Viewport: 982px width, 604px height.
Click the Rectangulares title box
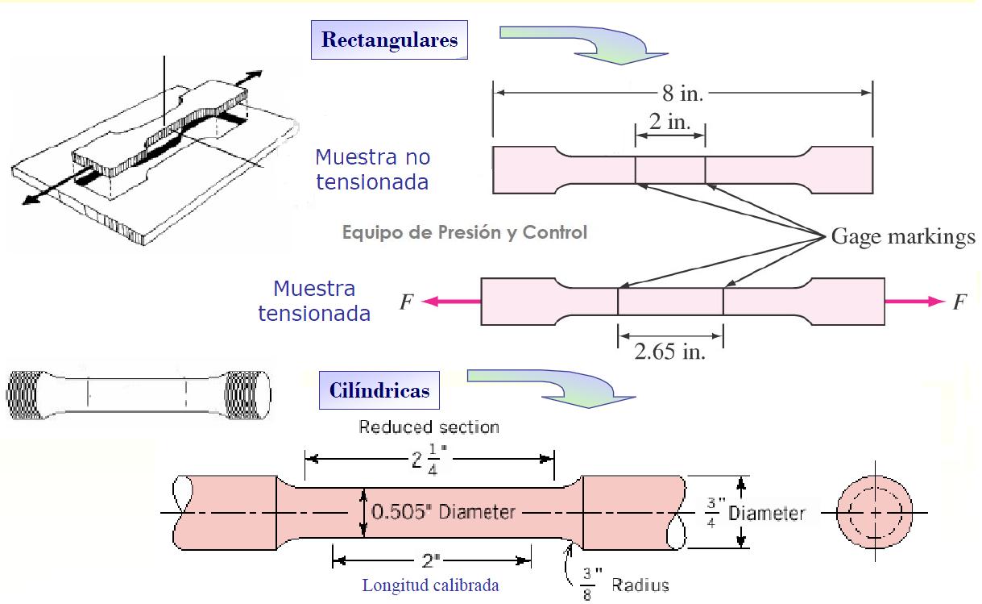coord(389,40)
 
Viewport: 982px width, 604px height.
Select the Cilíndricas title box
coord(379,390)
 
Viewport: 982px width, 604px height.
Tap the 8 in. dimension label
coord(682,93)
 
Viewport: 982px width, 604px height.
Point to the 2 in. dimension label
coord(669,122)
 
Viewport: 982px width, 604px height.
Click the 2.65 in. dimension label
coord(670,352)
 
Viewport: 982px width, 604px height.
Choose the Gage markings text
coord(903,237)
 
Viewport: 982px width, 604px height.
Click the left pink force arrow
coord(450,301)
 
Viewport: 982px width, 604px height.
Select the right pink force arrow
coord(914,301)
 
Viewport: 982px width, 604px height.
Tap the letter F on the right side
coord(959,302)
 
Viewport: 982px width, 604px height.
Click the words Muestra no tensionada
coord(373,169)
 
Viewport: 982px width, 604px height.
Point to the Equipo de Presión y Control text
coord(464,232)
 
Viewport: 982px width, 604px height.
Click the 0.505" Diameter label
coord(443,512)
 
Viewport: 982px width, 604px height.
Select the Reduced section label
coord(429,427)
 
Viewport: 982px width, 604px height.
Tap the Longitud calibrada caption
coord(430,585)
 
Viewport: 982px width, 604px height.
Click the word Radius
coord(640,585)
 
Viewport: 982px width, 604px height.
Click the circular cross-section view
coord(875,512)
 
